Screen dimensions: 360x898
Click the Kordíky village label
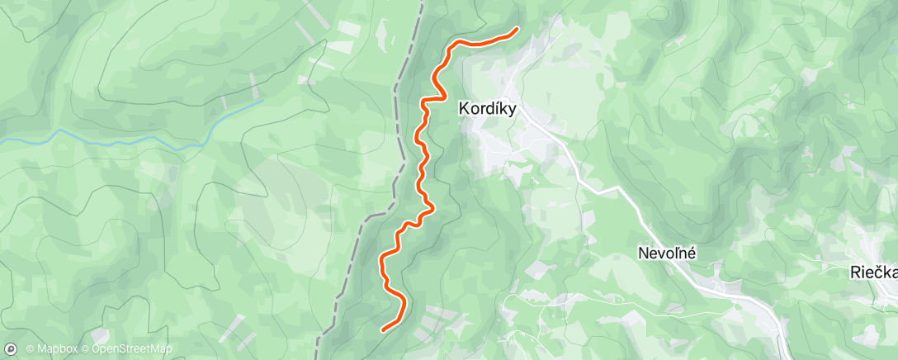click(487, 108)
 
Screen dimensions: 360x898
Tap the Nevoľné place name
click(667, 254)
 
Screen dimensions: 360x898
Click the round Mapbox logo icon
click(11, 349)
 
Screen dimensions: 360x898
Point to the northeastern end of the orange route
click(517, 30)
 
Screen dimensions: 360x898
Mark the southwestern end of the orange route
click(383, 329)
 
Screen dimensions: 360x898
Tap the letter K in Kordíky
click(463, 108)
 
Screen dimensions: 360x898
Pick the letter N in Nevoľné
click(642, 254)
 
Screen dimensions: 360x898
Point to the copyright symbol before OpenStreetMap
click(86, 349)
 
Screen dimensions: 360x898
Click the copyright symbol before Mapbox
click(30, 349)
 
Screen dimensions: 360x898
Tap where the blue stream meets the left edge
click(2, 141)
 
